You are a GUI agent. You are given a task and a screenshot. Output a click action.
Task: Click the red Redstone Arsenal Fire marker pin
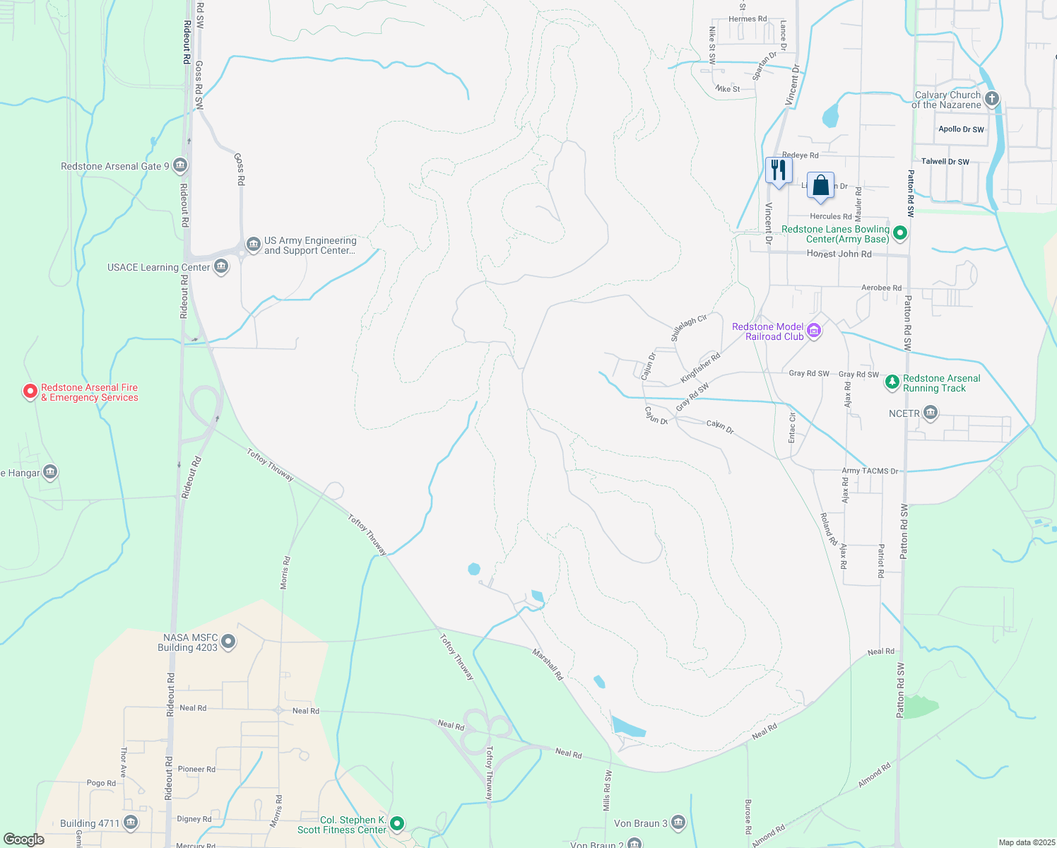(x=30, y=391)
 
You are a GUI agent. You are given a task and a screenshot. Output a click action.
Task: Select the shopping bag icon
(x=820, y=186)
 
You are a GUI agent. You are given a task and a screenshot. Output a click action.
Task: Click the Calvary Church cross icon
(x=992, y=98)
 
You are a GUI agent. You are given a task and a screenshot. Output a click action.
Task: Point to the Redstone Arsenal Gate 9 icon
(x=179, y=166)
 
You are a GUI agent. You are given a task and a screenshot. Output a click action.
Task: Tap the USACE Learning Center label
(x=158, y=267)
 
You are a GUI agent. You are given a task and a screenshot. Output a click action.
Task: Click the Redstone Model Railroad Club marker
(x=814, y=331)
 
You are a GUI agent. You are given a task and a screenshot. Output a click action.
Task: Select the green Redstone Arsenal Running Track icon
(x=892, y=382)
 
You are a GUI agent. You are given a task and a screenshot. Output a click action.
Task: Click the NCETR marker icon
(x=931, y=413)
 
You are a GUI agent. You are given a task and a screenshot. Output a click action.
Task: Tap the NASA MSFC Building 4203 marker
(x=228, y=642)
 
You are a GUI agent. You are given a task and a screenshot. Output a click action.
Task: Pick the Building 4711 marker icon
(x=130, y=823)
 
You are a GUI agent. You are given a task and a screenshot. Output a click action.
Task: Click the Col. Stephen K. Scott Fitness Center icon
(x=397, y=823)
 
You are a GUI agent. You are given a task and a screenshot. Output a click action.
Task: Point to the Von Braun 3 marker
(x=678, y=823)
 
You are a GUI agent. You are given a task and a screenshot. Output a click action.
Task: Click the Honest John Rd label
(x=839, y=254)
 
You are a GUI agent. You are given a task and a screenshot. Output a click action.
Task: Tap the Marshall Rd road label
(x=548, y=665)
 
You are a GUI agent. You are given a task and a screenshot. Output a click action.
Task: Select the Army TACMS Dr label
(x=870, y=471)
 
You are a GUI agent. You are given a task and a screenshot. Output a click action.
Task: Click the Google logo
(x=24, y=839)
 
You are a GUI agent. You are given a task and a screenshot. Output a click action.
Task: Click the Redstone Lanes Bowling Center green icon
(x=900, y=232)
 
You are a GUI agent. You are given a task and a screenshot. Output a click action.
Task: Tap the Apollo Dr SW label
(x=961, y=129)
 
